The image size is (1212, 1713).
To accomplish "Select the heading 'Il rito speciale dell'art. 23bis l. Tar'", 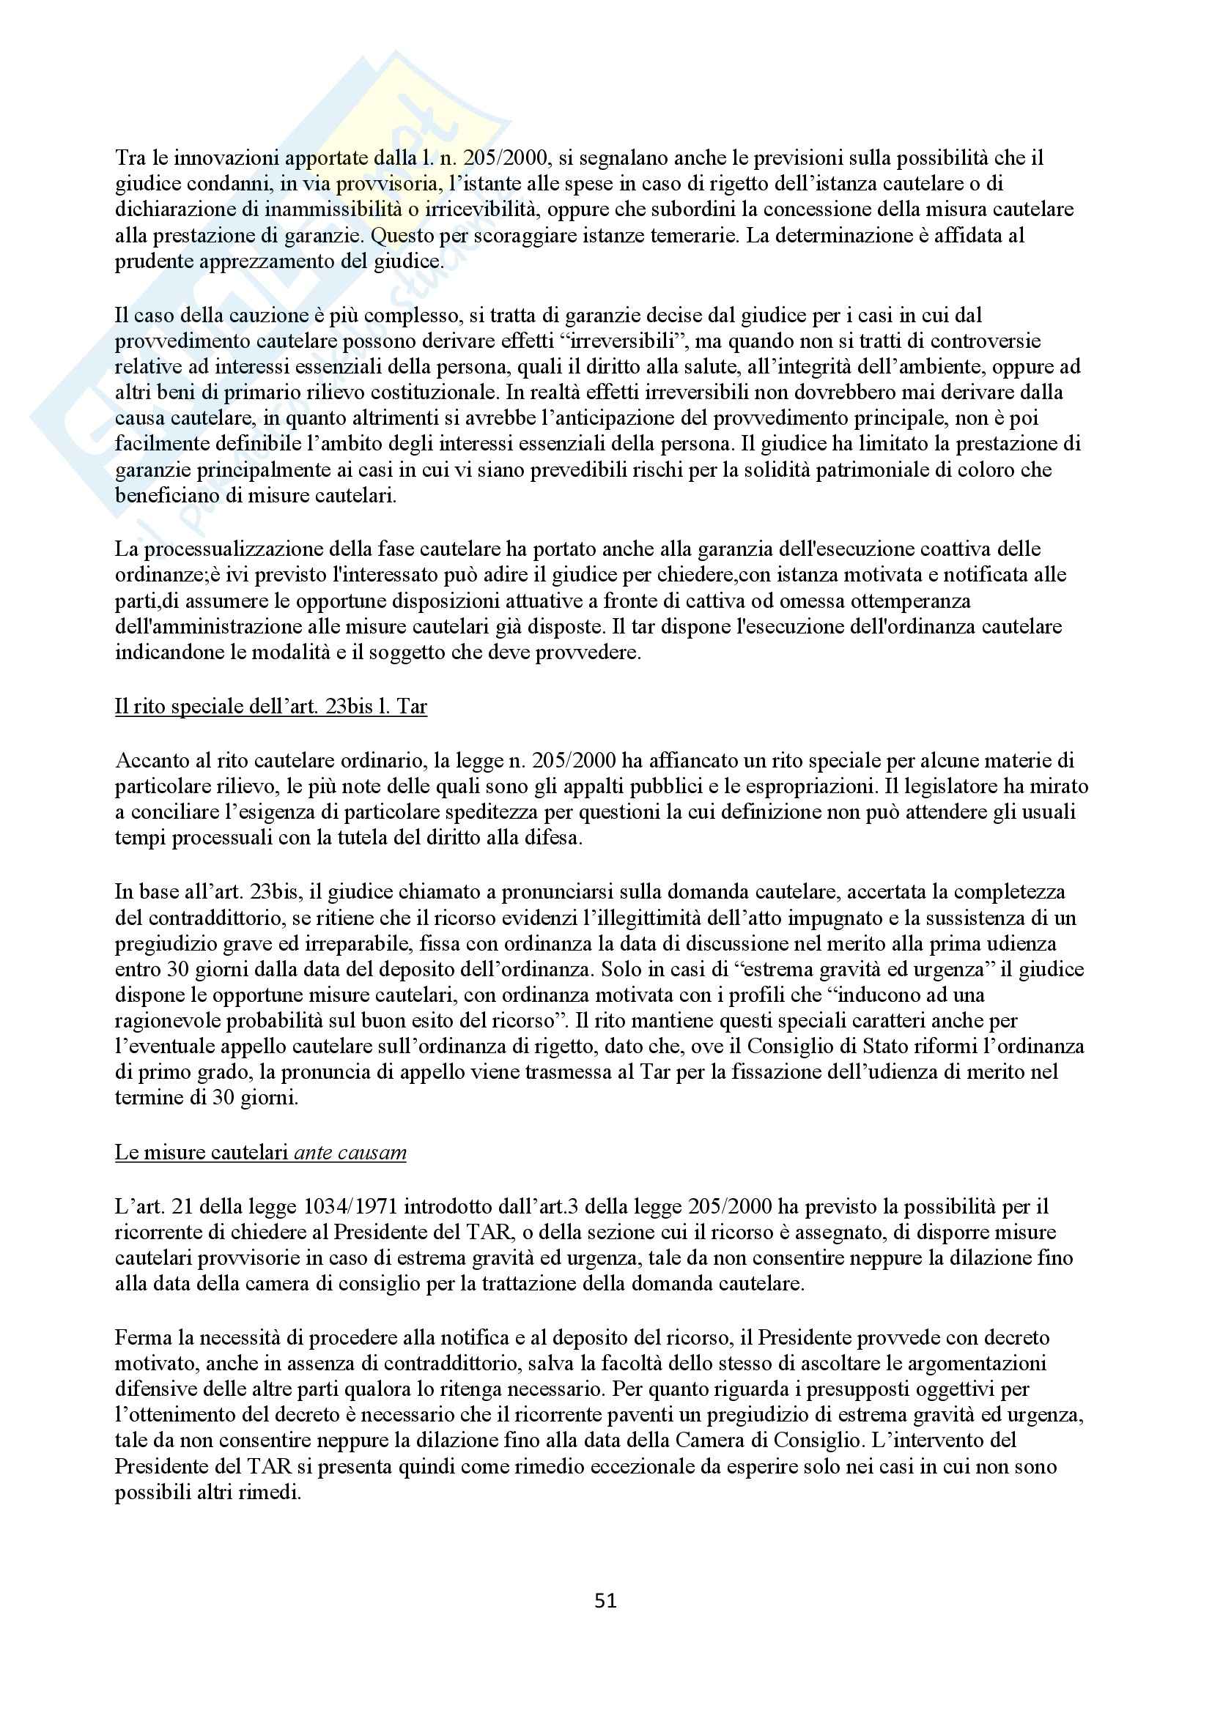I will [271, 706].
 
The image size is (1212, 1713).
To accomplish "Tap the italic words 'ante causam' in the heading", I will [350, 1152].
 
